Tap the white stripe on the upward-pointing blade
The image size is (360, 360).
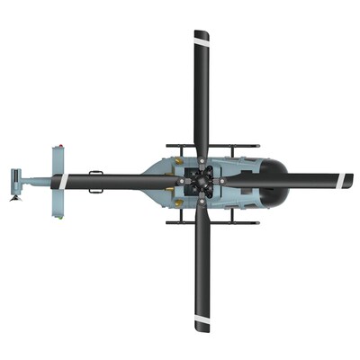[x=202, y=38]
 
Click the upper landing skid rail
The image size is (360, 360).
[x=212, y=145]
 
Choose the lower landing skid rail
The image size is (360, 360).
[x=212, y=221]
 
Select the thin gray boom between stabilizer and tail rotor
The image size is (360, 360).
[x=36, y=181]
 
